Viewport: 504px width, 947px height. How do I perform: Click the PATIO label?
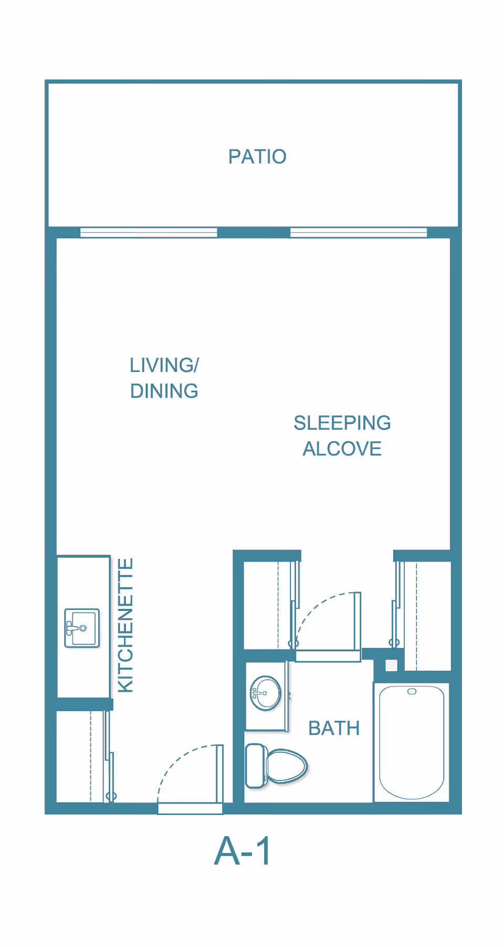(x=257, y=157)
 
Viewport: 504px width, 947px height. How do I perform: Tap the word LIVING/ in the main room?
(x=164, y=365)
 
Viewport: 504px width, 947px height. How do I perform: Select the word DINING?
(x=164, y=391)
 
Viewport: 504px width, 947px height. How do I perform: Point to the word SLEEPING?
(x=342, y=423)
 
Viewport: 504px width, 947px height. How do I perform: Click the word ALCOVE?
(x=342, y=449)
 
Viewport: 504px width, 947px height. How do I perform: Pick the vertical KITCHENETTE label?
(x=125, y=625)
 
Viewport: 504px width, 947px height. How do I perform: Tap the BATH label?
(x=334, y=729)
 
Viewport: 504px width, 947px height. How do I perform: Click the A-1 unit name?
(x=243, y=851)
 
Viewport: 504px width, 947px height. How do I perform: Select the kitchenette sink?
(x=82, y=628)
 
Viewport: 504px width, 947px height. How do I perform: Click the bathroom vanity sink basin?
(x=266, y=693)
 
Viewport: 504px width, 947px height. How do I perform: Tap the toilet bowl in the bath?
(x=286, y=766)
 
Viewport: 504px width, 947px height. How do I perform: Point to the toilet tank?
(x=255, y=766)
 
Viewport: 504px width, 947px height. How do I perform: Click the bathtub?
(x=412, y=742)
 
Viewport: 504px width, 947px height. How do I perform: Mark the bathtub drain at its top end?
(x=412, y=691)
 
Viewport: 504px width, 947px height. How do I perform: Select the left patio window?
(x=149, y=232)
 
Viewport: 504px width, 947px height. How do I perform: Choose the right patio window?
(x=359, y=232)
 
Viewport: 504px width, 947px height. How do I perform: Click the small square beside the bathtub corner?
(x=392, y=665)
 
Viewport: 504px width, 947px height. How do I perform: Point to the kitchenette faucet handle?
(x=70, y=628)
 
